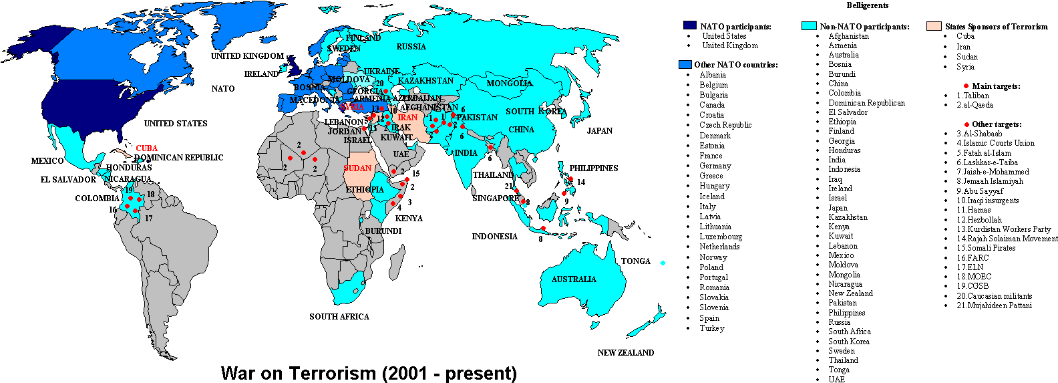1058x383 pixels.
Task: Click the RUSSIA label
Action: coord(411,47)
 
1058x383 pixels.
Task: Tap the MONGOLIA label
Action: coord(509,84)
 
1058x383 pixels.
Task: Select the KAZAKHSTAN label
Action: coord(425,81)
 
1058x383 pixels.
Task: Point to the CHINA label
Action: coord(521,130)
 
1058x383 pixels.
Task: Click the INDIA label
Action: coord(466,153)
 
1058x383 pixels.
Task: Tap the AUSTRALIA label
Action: coord(574,279)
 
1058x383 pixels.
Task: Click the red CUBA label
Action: coord(146,148)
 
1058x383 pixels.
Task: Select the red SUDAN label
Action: coord(357,168)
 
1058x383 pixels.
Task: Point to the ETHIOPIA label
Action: coord(365,190)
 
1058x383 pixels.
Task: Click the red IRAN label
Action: coord(407,118)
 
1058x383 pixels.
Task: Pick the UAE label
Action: coord(401,154)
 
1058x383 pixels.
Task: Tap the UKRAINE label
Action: coord(381,72)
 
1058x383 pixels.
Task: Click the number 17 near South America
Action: coord(148,219)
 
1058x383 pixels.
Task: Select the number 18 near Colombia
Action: coord(151,195)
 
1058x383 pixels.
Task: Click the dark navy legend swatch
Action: coord(689,25)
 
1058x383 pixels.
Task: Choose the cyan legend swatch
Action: coord(809,25)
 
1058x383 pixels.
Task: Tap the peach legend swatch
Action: coord(934,26)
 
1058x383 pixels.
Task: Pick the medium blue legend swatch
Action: coord(685,64)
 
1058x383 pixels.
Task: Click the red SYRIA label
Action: coord(351,107)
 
